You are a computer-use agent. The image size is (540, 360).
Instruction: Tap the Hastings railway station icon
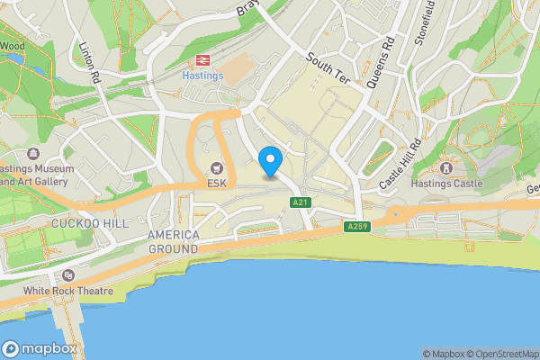point(202,59)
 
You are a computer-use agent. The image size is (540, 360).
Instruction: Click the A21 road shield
point(301,203)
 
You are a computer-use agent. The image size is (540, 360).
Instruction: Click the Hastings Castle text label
point(446,184)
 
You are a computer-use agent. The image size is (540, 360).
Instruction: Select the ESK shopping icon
point(216,167)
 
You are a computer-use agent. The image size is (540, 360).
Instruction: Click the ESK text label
point(216,183)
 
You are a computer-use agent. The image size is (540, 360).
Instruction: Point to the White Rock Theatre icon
point(67,275)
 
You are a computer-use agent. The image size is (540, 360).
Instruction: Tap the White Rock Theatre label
point(68,291)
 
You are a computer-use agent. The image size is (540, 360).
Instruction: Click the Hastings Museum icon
point(33,154)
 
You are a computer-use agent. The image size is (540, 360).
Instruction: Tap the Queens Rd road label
point(381,61)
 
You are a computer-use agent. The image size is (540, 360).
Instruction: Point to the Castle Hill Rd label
point(400,165)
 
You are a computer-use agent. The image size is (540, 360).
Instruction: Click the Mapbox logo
point(40,348)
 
